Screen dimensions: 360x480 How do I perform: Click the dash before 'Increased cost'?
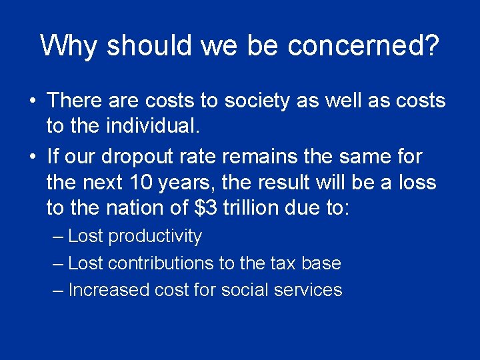coord(58,290)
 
